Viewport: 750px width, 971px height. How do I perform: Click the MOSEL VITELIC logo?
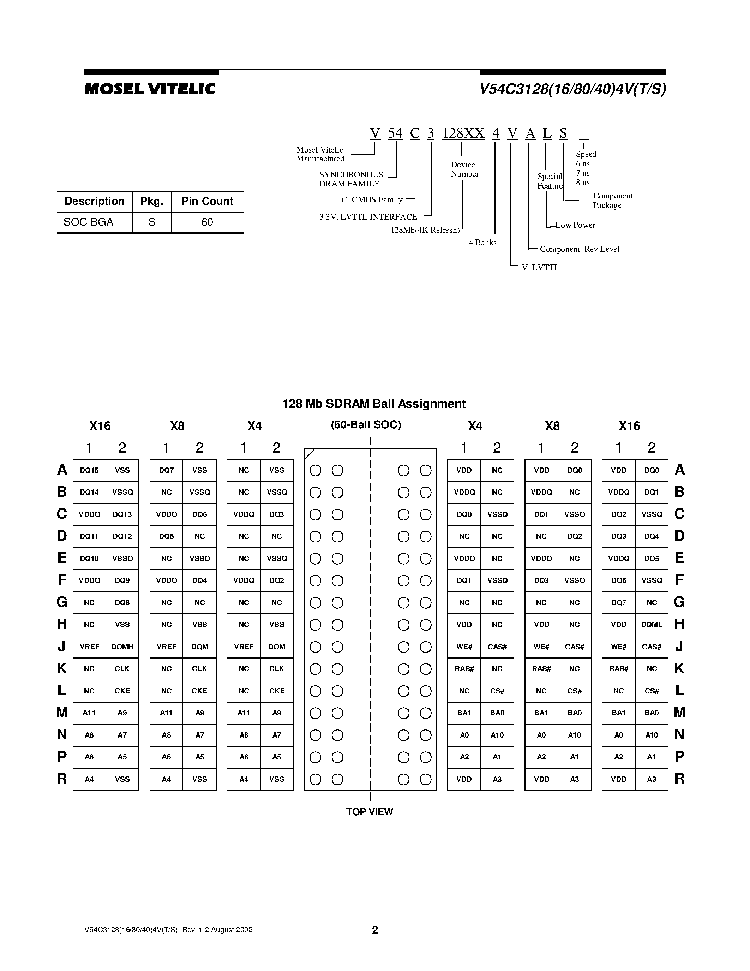click(150, 89)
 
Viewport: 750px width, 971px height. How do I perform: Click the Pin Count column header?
click(207, 201)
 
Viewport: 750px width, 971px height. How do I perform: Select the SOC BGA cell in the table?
click(89, 222)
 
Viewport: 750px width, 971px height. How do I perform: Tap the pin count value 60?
click(207, 222)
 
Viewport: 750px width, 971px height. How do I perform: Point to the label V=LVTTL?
click(540, 267)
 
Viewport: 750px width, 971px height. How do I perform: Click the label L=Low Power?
click(570, 225)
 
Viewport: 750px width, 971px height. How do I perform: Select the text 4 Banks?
click(482, 242)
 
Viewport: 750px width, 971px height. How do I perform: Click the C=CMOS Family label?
click(372, 199)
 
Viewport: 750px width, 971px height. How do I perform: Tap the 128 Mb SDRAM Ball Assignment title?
click(374, 404)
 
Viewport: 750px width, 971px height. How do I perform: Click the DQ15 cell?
click(89, 470)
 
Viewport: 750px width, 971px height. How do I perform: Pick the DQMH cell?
click(122, 647)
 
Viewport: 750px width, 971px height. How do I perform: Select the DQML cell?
click(652, 625)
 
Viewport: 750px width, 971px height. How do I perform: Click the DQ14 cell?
click(89, 492)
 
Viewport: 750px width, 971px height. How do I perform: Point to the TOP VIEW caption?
click(370, 812)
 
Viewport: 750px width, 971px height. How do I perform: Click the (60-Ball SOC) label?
click(366, 424)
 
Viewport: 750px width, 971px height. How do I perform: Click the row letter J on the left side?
click(61, 647)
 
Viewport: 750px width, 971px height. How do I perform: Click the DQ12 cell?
click(122, 536)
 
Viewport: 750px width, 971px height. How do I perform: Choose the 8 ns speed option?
click(583, 182)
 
